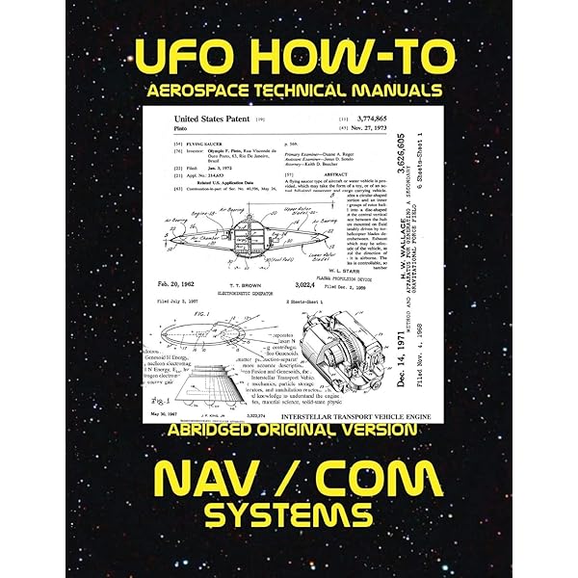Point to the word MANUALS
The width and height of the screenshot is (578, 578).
pyautogui.click(x=392, y=91)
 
